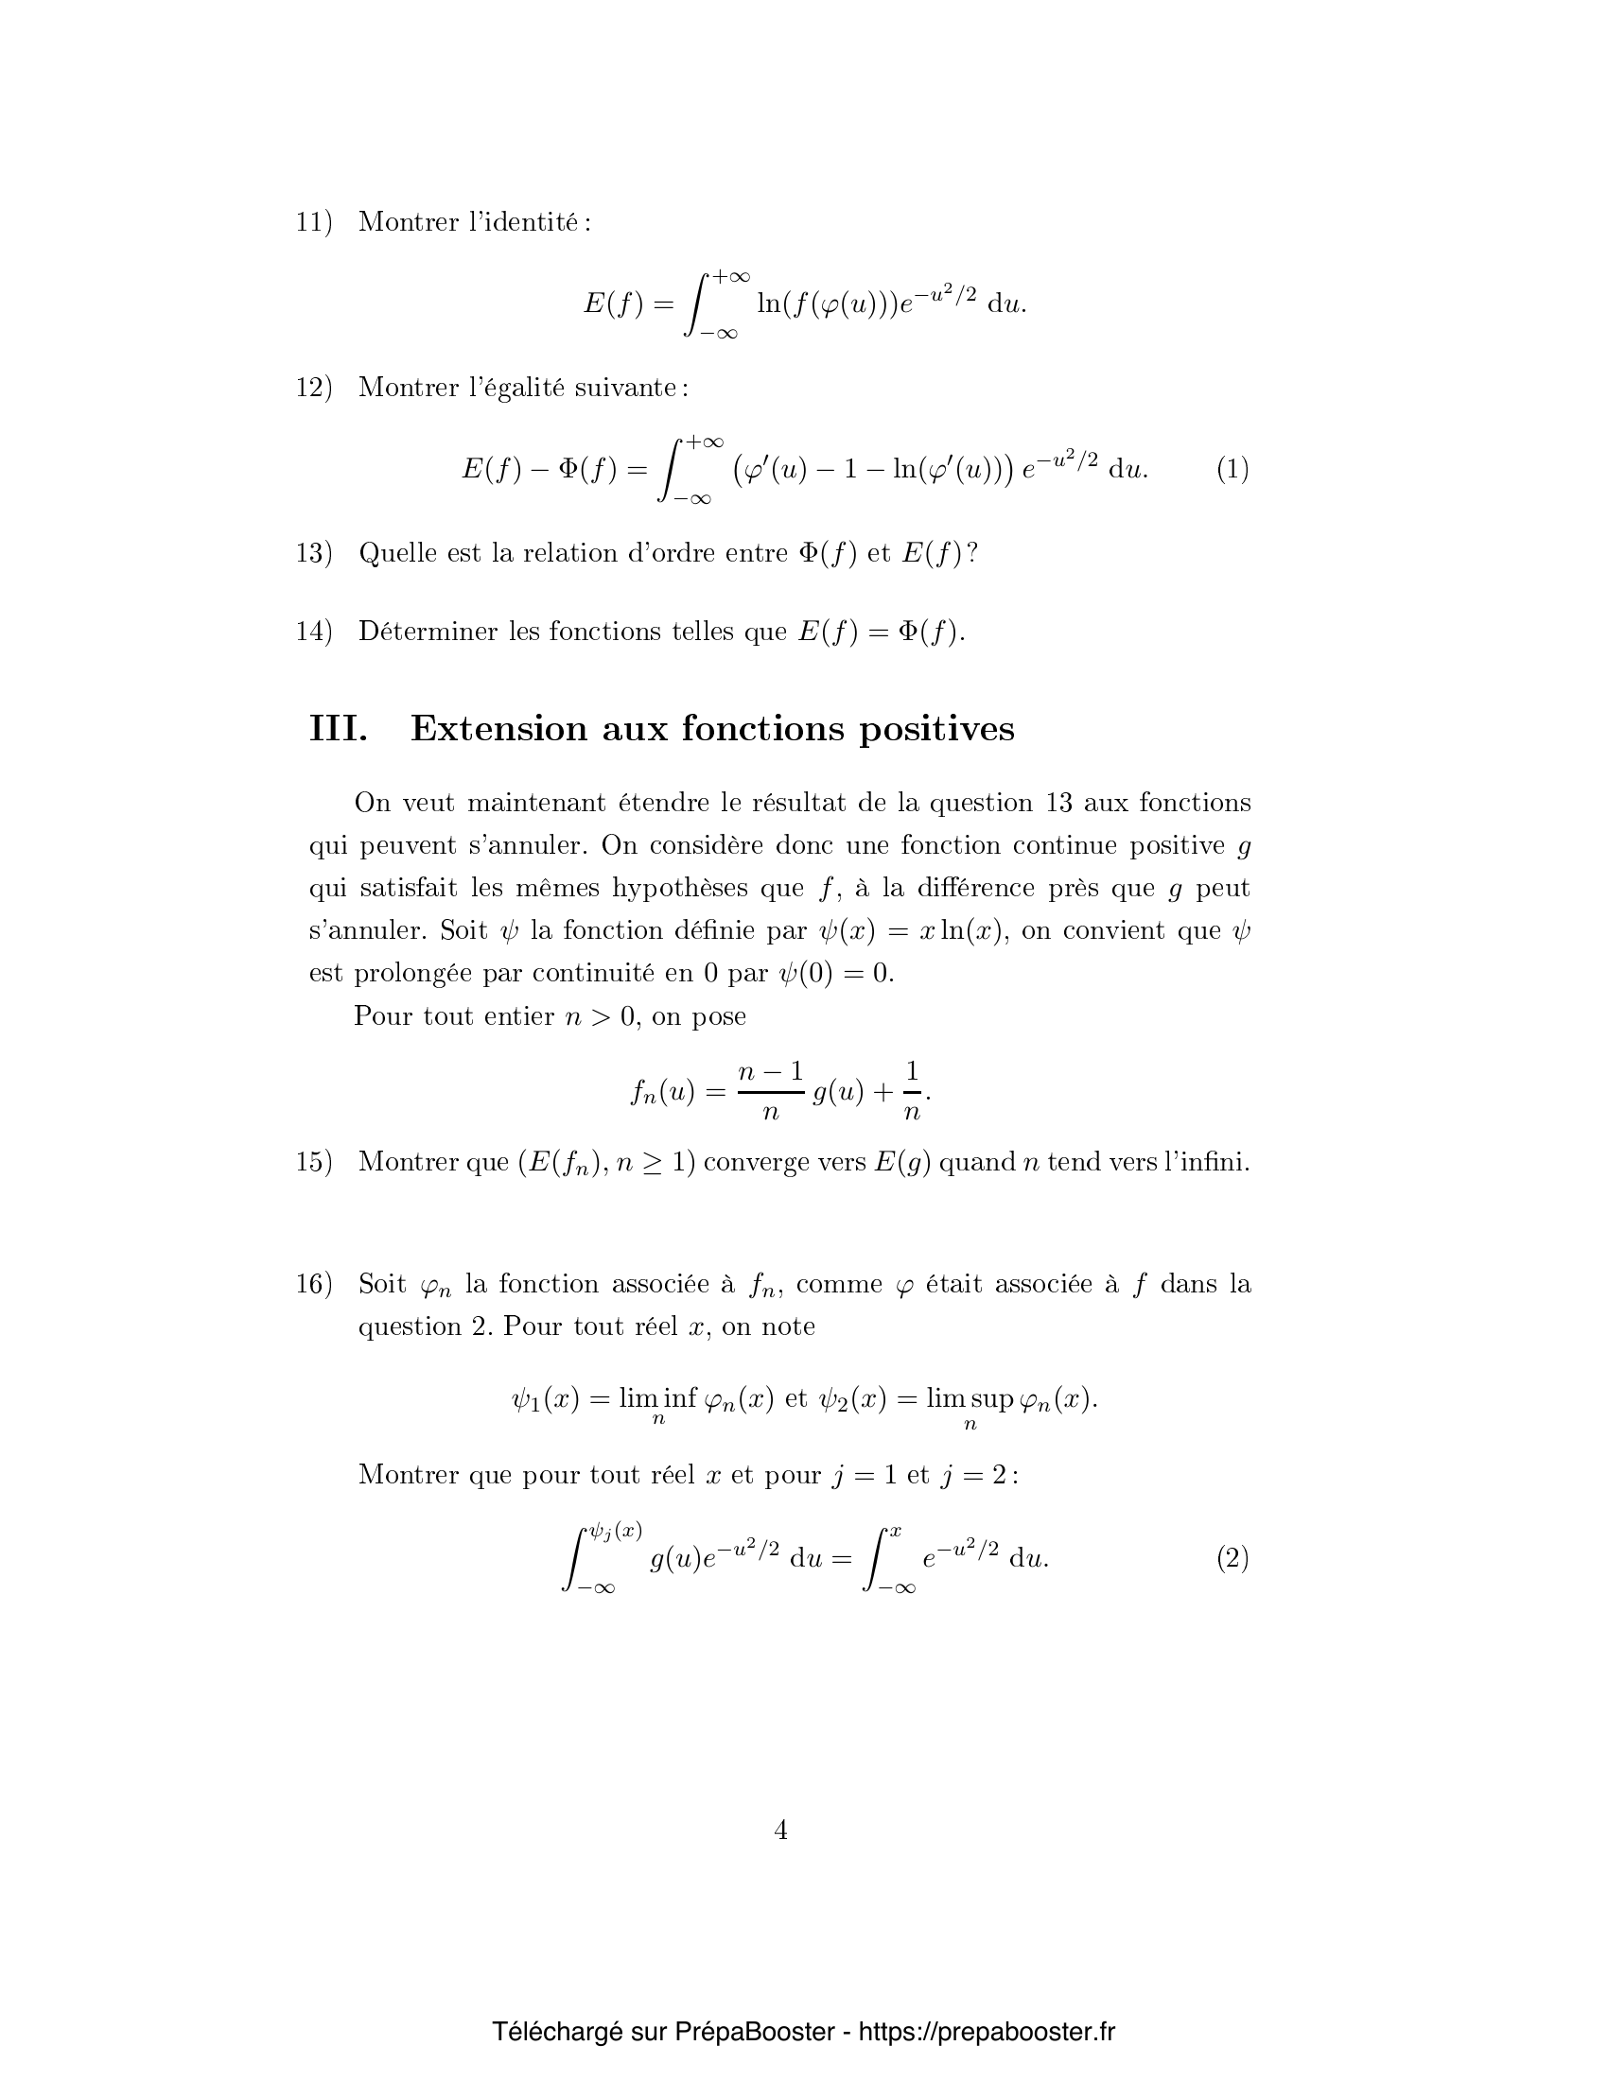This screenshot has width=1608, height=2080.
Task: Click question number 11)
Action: point(313,222)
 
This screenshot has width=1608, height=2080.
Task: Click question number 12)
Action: point(313,388)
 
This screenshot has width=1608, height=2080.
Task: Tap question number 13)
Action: point(313,553)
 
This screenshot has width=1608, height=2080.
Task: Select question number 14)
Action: point(313,632)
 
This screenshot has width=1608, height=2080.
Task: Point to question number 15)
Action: point(313,1162)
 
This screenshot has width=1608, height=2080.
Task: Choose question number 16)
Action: point(313,1284)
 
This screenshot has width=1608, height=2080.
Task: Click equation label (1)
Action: point(1232,469)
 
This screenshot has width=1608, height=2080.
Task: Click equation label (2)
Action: point(1232,1558)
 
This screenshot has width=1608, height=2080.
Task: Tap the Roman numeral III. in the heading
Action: point(339,729)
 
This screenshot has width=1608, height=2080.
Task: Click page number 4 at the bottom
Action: point(780,1829)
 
